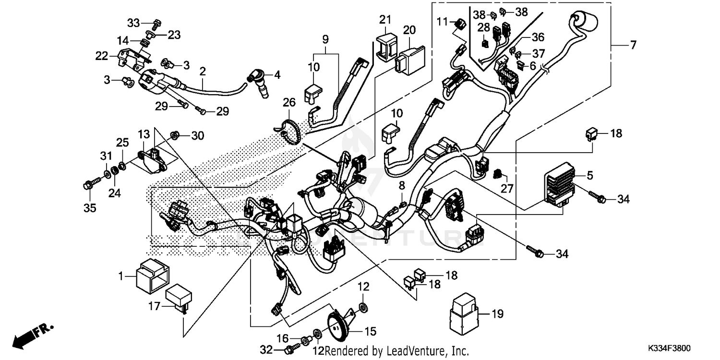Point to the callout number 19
click(x=497, y=314)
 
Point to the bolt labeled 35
click(x=91, y=184)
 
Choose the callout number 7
click(x=633, y=46)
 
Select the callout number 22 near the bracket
click(x=101, y=56)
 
